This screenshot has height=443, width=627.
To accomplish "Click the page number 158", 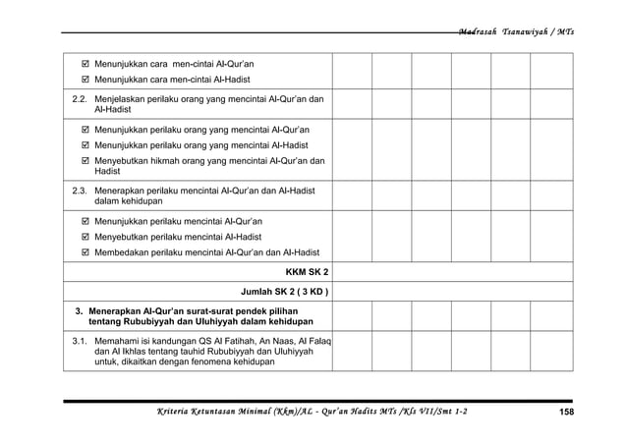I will pos(566,411).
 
